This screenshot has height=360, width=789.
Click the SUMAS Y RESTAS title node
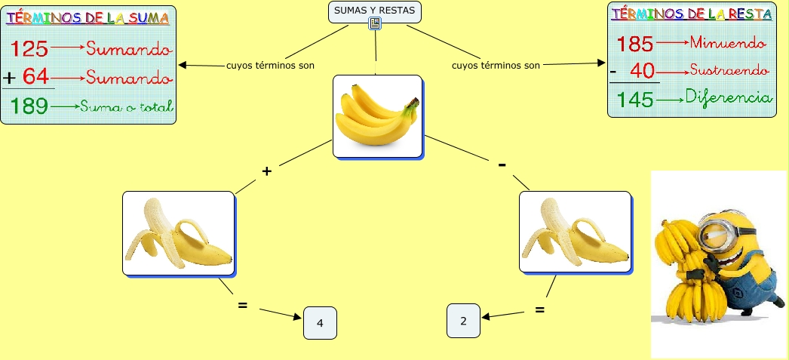tap(375, 10)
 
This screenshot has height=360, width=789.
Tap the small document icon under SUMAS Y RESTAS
tap(375, 24)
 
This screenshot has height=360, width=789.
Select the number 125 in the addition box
tap(31, 50)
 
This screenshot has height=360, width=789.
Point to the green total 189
tap(30, 106)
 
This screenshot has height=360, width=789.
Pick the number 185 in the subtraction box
tap(635, 44)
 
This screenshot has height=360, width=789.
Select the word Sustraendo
tap(729, 71)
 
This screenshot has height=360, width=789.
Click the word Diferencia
tap(729, 98)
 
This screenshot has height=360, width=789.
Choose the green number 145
tap(635, 100)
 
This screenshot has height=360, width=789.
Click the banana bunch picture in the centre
tap(377, 115)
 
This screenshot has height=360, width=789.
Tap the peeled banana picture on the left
tap(178, 232)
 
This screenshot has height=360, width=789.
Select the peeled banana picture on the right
tap(575, 232)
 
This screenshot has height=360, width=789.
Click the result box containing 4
tap(320, 323)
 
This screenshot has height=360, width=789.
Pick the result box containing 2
tap(463, 321)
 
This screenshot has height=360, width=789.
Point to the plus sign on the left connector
tap(266, 171)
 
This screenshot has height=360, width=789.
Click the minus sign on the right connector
tap(502, 165)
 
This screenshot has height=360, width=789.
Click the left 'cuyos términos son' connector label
tap(270, 65)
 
